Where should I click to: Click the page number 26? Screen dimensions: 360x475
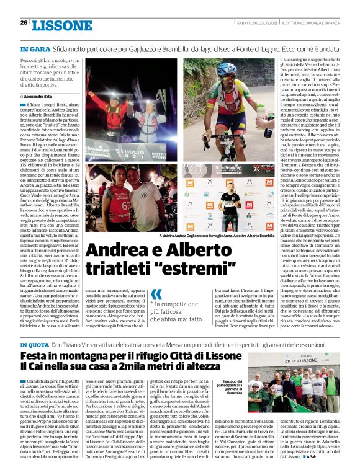coord(24,23)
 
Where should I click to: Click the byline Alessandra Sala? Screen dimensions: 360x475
coord(38,97)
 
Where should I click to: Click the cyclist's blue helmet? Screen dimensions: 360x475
coord(227,68)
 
